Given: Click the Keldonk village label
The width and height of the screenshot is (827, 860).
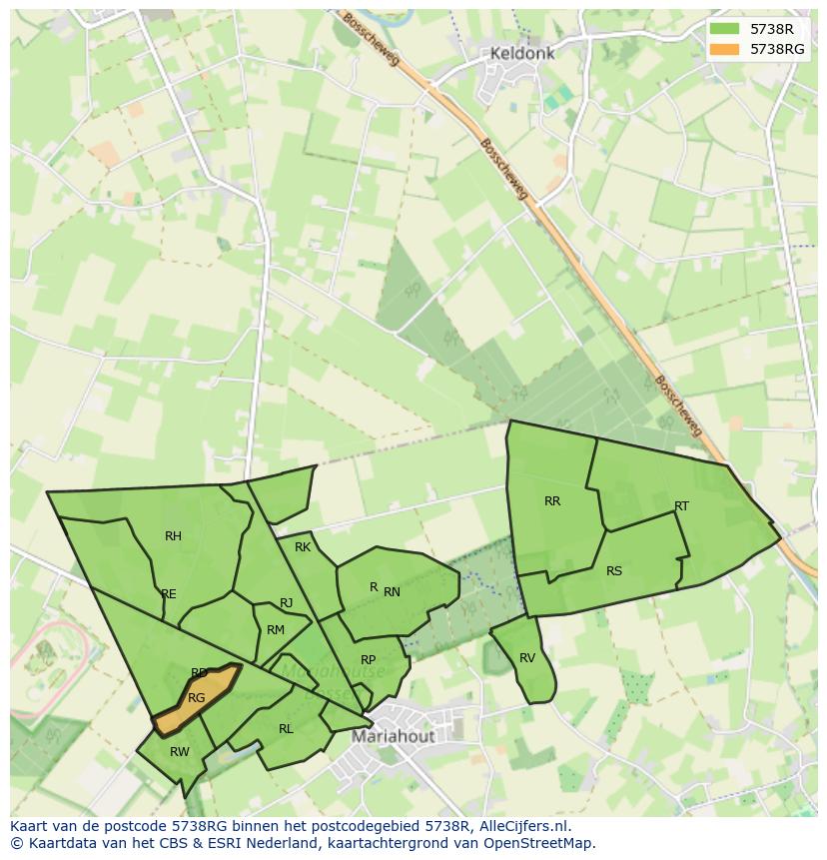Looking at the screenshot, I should [521, 53].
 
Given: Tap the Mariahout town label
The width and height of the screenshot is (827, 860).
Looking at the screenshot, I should [394, 737].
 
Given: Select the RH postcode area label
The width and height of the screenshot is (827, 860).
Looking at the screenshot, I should [174, 536].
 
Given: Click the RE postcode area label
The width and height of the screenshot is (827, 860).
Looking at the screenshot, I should [169, 594].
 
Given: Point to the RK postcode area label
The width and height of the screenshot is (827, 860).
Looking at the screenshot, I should [303, 547].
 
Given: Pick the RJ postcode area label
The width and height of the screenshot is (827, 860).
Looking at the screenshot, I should [287, 603].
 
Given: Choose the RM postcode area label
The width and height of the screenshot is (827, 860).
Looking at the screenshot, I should [276, 630].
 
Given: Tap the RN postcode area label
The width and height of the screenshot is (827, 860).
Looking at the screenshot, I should [392, 592].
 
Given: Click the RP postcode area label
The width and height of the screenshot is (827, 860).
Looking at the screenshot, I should [369, 660].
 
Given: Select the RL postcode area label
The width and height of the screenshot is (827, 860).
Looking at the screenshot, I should [286, 729].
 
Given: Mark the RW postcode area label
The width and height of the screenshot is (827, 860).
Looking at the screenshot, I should [180, 752].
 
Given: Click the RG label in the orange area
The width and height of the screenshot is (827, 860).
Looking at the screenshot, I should [197, 698].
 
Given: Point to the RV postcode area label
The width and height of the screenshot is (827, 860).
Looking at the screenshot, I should [527, 658].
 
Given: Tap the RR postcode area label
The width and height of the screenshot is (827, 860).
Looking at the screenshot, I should [552, 501].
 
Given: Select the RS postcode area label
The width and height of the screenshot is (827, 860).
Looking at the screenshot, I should [614, 571].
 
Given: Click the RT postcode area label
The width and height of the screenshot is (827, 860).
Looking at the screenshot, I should [681, 506].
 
